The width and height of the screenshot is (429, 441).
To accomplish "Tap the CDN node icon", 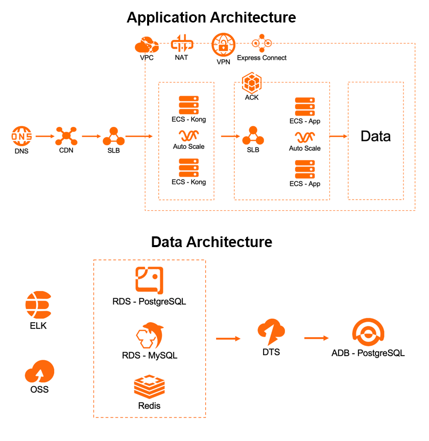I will pos(66,136).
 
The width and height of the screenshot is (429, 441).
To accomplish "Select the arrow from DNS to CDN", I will pos(44,137).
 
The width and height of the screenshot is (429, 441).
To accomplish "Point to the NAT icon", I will pos(181,43).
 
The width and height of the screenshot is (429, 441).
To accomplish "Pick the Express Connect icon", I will pos(261,43).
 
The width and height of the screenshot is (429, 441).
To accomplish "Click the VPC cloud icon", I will pos(147,45).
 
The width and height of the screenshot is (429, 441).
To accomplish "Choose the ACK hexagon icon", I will pos(251,82).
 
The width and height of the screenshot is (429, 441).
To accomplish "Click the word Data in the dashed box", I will pos(375,136).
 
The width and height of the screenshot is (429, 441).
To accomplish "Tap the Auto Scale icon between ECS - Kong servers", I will pos(188,135).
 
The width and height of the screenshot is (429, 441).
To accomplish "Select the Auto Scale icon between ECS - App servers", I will pos(305,137).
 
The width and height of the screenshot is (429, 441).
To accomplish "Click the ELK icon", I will pos(38,305).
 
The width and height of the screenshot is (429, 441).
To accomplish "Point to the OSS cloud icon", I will pos(39,372).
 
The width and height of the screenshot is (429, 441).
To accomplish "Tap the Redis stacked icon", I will pos(149,386).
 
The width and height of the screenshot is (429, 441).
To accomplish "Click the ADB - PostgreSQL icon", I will pos(368,333).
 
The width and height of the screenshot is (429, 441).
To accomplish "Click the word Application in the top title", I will pos(164,17).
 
